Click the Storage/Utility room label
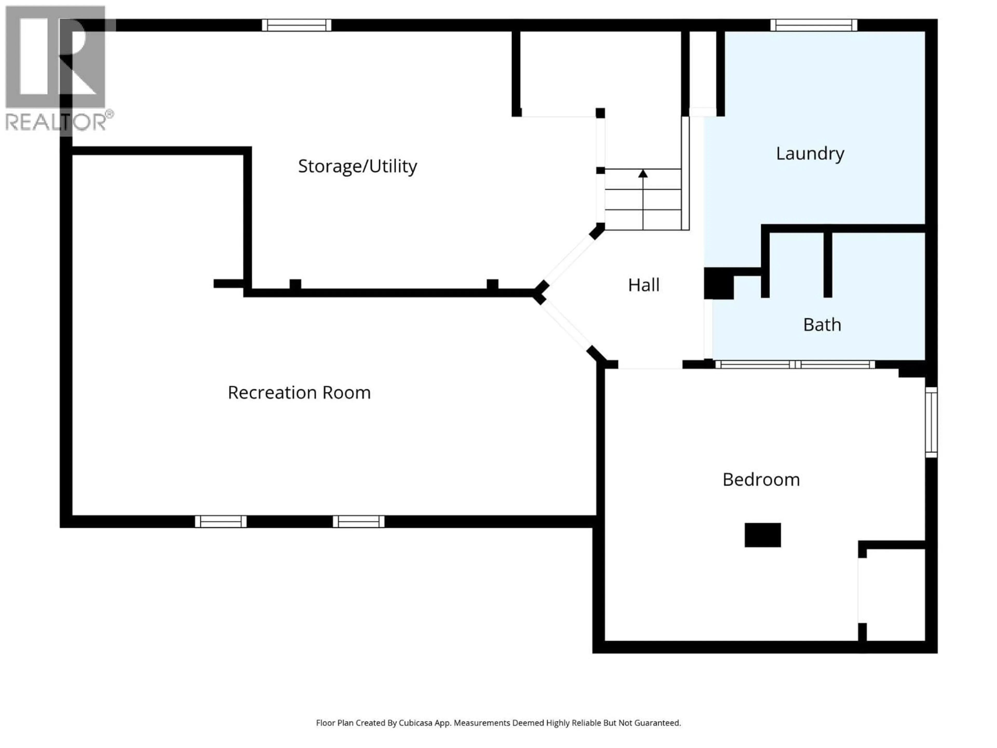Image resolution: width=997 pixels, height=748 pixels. pyautogui.click(x=358, y=166)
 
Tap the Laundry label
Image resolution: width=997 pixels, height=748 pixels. pyautogui.click(x=810, y=154)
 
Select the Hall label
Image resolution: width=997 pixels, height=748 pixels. pyautogui.click(x=644, y=285)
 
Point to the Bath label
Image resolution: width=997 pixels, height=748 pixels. pyautogui.click(x=822, y=325)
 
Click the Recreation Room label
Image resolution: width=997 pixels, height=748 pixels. pyautogui.click(x=299, y=393)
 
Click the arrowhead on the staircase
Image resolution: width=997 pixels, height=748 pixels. pyautogui.click(x=643, y=173)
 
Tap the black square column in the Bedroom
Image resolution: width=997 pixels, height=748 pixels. pyautogui.click(x=763, y=535)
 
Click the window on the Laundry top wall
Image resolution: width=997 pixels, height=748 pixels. pyautogui.click(x=813, y=25)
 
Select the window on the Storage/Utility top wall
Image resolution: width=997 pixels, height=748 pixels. pyautogui.click(x=297, y=25)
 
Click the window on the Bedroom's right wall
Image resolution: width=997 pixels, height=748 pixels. pyautogui.click(x=931, y=423)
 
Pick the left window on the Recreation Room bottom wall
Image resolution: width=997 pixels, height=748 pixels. pyautogui.click(x=221, y=522)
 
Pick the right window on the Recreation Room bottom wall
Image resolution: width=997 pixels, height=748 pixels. pyautogui.click(x=359, y=522)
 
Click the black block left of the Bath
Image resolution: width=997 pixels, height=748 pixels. pyautogui.click(x=718, y=284)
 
